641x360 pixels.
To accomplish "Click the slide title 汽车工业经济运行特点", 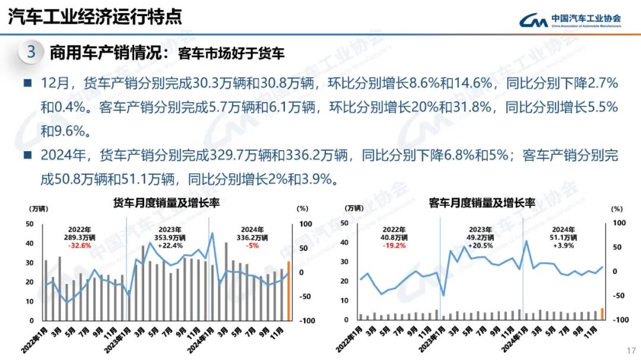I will click(x=94, y=17).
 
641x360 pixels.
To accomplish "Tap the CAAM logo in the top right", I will click(x=570, y=21).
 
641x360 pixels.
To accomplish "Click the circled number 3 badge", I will click(x=31, y=53).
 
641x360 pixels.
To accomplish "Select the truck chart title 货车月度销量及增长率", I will click(x=167, y=203).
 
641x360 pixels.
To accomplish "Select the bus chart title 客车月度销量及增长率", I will click(x=482, y=203).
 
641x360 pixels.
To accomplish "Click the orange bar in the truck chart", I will click(x=289, y=291).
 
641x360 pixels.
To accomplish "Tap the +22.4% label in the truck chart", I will click(x=167, y=246).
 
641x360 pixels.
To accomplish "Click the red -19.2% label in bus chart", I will click(x=394, y=246).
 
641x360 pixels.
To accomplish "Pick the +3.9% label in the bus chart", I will click(x=563, y=246).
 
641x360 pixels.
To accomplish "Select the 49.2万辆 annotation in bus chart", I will click(x=479, y=238).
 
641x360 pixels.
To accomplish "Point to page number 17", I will click(x=631, y=350).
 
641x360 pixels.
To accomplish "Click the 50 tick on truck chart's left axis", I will click(x=30, y=224).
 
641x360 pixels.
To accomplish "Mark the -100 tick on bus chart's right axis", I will click(x=619, y=320).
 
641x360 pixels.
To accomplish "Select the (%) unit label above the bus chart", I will click(x=617, y=209).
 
